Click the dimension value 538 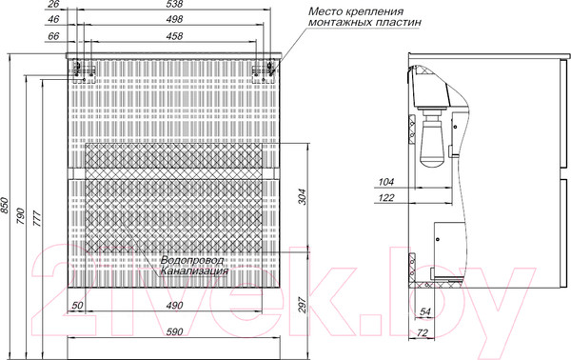[174, 4]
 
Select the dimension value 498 [174, 19]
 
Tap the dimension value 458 [174, 36]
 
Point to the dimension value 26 [53, 4]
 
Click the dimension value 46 [53, 19]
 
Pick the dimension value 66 [53, 36]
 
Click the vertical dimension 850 [4, 206]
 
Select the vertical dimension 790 [20, 216]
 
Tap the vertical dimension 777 [37, 219]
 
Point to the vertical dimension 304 [303, 197]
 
